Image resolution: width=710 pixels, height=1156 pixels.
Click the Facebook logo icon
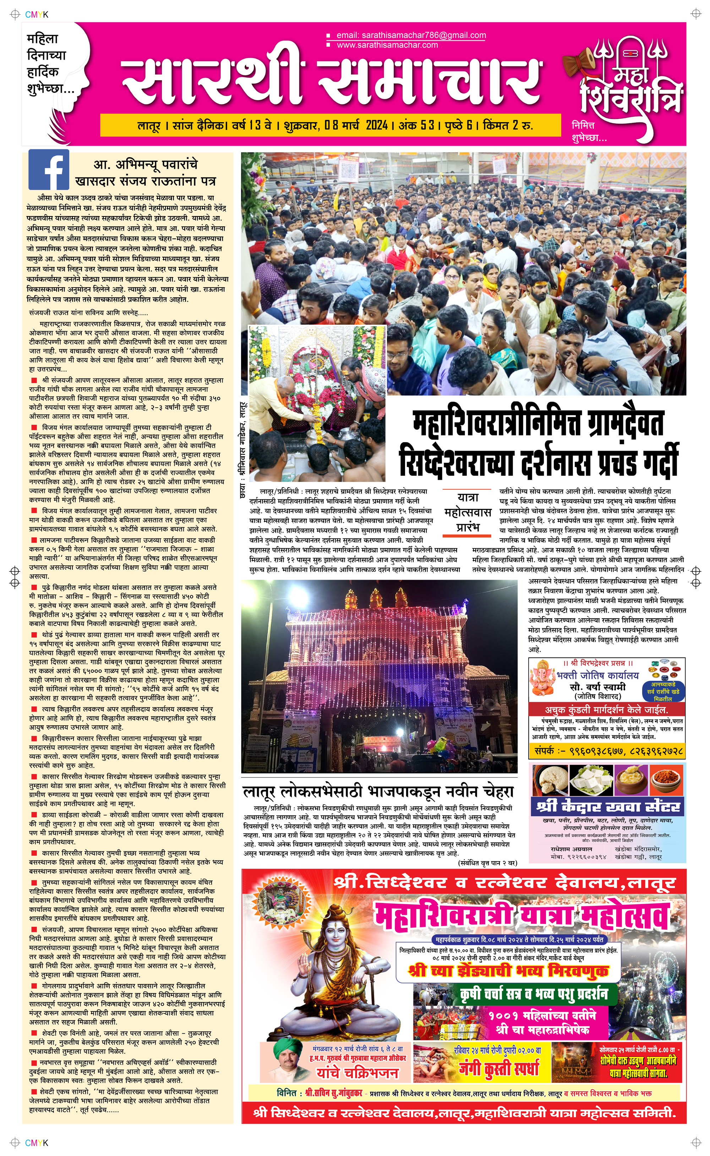coord(48,169)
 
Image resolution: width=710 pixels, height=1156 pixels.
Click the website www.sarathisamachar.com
coord(387,45)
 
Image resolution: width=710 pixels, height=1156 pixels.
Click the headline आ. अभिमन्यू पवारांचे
coord(146,165)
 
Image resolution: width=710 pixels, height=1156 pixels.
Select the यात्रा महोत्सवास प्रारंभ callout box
coord(467,512)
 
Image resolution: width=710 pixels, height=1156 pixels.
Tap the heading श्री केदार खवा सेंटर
coord(608,806)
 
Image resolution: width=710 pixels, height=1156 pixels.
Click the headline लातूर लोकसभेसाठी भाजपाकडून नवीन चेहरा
coord(378,792)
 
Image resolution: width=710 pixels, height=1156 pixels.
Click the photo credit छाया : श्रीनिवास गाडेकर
coord(243,451)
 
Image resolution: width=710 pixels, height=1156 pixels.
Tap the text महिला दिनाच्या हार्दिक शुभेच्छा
coord(49,64)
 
